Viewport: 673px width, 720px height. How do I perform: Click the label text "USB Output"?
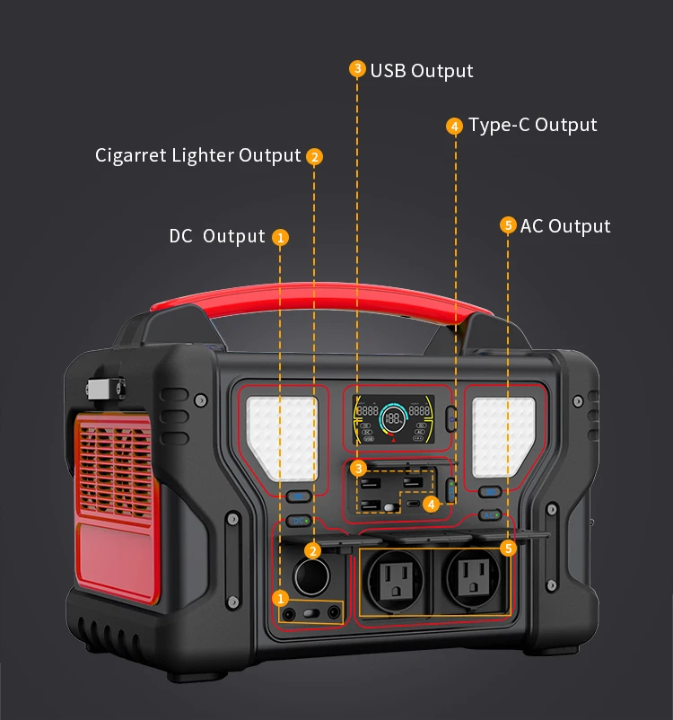(x=421, y=71)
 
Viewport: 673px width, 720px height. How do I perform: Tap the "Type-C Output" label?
(x=532, y=125)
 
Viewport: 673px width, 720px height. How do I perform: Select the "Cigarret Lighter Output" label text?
(x=197, y=155)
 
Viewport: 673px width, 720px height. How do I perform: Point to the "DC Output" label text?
(x=217, y=236)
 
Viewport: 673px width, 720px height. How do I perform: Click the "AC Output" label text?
(x=565, y=225)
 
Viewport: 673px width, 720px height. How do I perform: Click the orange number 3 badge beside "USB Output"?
(x=357, y=69)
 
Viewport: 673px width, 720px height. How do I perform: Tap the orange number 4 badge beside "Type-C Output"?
(x=455, y=126)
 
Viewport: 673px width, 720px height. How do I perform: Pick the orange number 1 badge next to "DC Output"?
(x=281, y=238)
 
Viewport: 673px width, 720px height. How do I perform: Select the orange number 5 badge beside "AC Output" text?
(x=508, y=225)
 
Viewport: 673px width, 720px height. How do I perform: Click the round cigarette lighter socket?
(x=310, y=575)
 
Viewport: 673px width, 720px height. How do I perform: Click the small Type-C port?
(x=413, y=505)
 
